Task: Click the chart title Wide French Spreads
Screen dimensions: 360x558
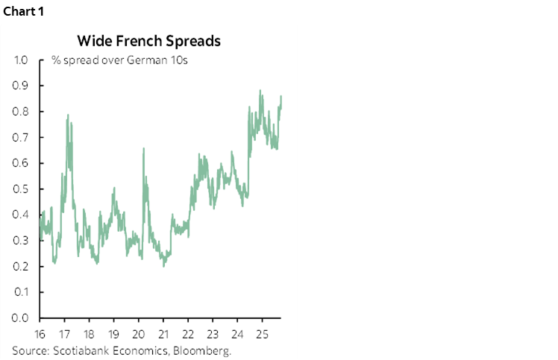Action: tap(148, 40)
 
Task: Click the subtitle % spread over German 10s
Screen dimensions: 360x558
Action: tap(119, 60)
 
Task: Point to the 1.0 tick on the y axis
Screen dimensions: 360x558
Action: tap(21, 60)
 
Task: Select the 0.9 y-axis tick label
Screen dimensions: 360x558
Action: tap(21, 86)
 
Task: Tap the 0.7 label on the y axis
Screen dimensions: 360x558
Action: tap(21, 137)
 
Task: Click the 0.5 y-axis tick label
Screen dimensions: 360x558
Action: tap(21, 189)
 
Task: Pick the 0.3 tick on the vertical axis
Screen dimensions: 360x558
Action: tap(21, 241)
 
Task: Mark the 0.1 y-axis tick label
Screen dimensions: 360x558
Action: tap(21, 292)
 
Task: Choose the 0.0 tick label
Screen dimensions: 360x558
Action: tap(21, 318)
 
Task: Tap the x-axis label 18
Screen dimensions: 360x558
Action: tap(89, 333)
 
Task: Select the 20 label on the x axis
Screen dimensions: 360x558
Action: tap(138, 333)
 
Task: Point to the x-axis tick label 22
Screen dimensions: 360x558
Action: tap(188, 333)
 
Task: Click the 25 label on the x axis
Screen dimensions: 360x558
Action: tap(262, 333)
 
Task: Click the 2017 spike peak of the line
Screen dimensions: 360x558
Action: tap(69, 116)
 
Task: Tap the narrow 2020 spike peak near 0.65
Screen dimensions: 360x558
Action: tap(142, 149)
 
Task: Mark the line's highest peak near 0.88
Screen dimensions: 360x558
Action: tap(260, 91)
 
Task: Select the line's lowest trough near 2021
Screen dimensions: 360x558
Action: tap(163, 265)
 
